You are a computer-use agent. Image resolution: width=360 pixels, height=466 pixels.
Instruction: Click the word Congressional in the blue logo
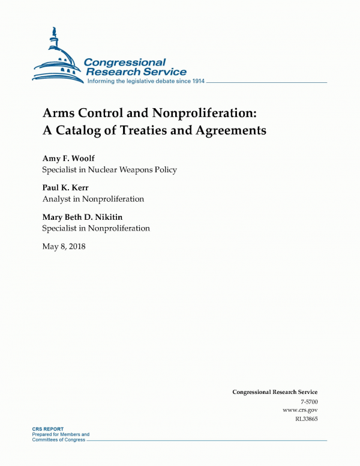point(125,62)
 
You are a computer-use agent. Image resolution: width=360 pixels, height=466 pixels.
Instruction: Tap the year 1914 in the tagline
point(197,81)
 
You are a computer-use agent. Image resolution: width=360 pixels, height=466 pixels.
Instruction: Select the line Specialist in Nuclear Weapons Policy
point(109,169)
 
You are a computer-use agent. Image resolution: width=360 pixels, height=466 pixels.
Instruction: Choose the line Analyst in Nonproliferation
point(93,199)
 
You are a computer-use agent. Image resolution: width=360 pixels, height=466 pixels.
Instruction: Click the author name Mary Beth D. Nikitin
point(88,217)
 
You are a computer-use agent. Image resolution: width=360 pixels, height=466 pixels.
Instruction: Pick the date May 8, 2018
point(64,246)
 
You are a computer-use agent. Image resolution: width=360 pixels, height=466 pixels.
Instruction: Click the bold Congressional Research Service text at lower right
point(275,392)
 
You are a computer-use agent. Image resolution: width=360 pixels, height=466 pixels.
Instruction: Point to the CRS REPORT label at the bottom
point(48,429)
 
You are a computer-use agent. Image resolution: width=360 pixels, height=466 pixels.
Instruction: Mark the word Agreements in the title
point(230,130)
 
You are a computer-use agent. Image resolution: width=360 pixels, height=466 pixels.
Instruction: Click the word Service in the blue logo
point(163,72)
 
